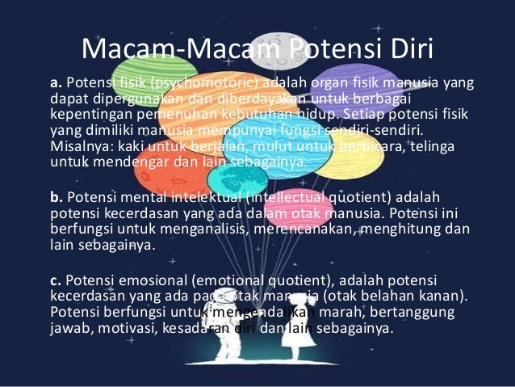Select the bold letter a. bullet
56,82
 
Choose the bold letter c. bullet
56,280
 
